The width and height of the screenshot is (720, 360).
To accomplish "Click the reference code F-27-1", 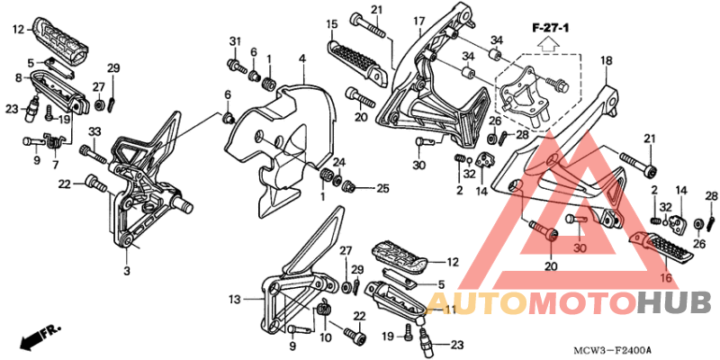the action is pos(551,29).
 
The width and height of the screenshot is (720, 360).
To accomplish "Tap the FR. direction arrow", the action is pos(40,336).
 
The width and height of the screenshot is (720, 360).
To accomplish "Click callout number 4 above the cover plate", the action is pos(301,59).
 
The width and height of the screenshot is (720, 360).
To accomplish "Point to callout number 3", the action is pos(127,271).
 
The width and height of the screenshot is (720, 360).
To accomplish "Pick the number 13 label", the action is pos(235,301).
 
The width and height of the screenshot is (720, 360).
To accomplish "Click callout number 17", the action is pos(418,21).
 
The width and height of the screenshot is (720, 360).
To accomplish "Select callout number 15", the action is pos(332,23).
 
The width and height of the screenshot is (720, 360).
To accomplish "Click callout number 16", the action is pos(666,277).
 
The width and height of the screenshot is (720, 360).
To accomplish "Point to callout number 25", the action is pos(383,188).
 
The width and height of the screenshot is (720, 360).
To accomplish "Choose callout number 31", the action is pos(235,41).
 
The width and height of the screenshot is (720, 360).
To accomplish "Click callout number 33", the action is pos(94,131).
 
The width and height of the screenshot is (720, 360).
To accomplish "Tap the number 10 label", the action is pos(326,338).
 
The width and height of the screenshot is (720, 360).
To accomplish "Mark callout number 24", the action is pos(338,162).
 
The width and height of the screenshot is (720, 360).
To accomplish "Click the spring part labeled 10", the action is pos(325,308).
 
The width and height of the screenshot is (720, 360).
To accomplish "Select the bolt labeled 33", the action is pos(94,154).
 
